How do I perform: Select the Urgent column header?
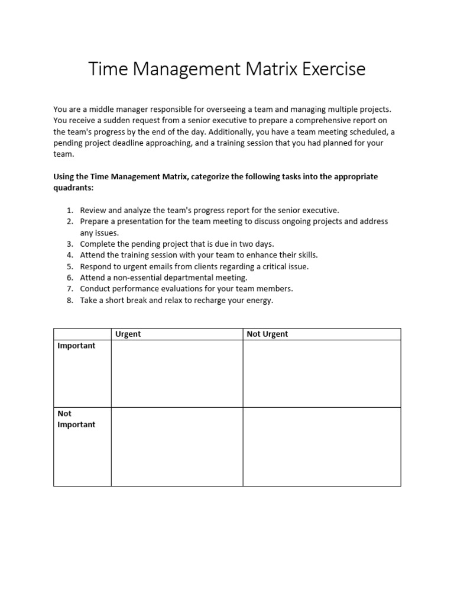tap(128, 334)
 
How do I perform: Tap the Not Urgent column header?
tap(267, 334)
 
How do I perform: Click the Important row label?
tap(76, 346)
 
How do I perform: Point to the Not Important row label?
tap(76, 419)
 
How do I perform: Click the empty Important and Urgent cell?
tap(177, 373)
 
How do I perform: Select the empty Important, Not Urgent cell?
tap(322, 373)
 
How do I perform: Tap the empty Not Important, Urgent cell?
tap(177, 447)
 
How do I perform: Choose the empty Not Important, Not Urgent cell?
tap(322, 447)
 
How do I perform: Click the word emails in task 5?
tap(164, 266)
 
